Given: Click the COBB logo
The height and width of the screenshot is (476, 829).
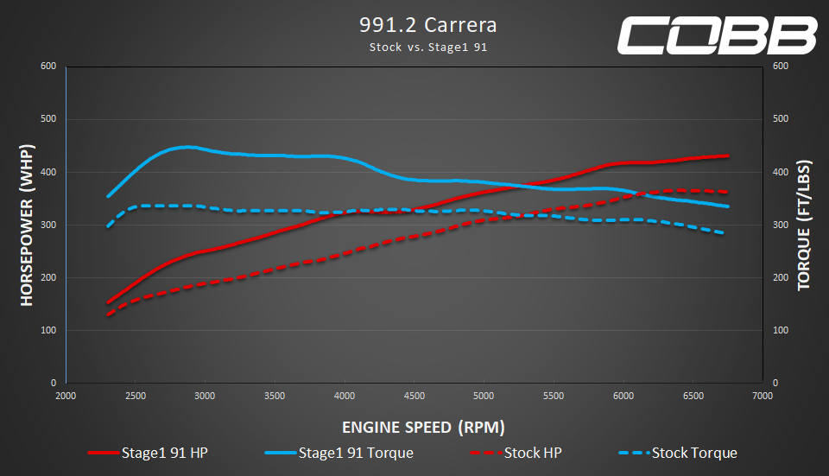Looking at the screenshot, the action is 717,35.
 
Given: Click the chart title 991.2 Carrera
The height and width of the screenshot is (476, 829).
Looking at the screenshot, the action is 427,25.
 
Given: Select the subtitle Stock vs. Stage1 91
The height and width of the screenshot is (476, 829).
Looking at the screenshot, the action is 427,47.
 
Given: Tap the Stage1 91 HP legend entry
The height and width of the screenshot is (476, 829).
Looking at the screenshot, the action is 148,453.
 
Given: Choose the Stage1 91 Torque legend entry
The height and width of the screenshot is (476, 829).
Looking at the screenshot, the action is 339,453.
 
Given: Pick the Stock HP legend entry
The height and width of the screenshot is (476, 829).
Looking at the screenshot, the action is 516,453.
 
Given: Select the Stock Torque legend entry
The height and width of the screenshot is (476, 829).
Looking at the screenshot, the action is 678,453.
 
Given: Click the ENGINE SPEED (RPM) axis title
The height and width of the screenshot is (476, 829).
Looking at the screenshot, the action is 423,427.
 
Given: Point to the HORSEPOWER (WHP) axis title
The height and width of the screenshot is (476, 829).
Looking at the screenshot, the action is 27,225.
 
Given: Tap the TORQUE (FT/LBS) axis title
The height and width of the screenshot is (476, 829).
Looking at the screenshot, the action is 804,225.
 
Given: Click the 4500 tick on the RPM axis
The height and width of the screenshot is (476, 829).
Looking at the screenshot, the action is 414,396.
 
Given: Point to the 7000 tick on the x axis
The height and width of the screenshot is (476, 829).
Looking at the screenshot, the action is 763,396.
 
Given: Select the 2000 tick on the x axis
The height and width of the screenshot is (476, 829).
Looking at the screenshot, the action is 66,396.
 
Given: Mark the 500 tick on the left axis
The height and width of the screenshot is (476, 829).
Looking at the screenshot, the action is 48,118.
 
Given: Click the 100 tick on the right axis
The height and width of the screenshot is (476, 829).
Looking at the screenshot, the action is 781,330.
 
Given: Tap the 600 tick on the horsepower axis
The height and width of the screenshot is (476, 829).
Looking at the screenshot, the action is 48,67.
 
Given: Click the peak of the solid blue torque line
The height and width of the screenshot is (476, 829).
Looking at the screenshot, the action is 187,147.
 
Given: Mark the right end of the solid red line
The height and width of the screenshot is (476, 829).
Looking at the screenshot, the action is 728,156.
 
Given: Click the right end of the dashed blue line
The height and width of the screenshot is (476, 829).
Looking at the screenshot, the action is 722,232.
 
